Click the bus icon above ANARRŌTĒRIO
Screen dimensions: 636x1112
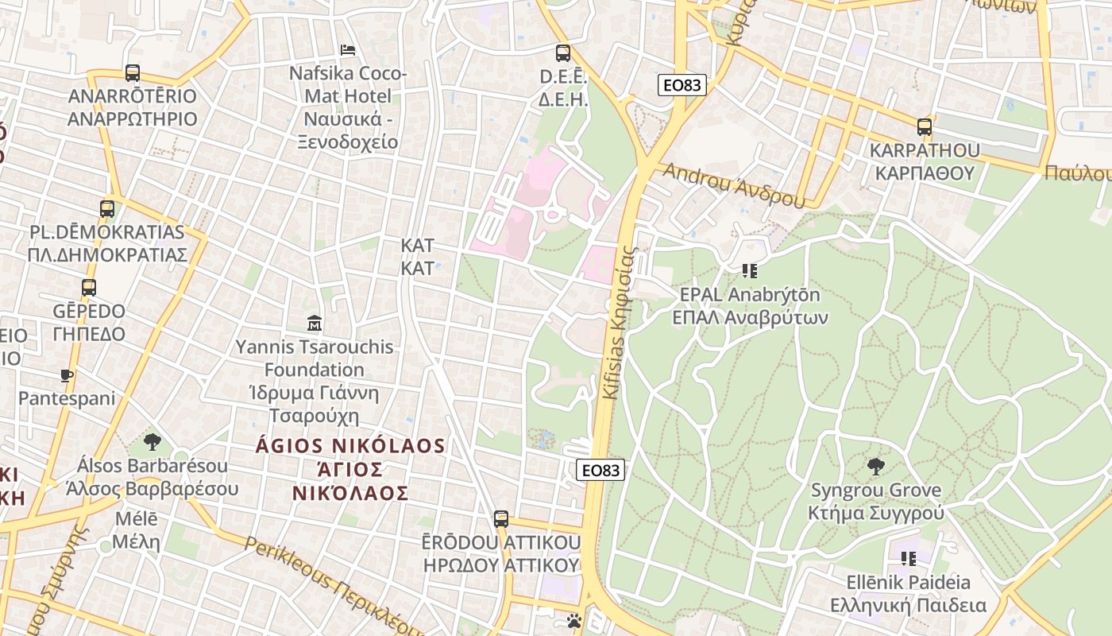[133, 73]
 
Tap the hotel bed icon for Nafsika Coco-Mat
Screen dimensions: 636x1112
[348, 50]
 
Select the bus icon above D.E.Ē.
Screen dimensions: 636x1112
[563, 53]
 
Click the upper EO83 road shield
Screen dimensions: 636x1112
[681, 84]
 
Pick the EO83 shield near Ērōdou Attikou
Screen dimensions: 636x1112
[600, 470]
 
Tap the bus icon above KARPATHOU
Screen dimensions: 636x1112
[924, 126]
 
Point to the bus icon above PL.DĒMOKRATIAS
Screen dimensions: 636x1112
[107, 209]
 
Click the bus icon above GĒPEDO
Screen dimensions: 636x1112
[89, 288]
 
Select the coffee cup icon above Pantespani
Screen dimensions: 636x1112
[67, 375]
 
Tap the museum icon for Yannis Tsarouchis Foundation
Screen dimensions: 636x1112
[315, 324]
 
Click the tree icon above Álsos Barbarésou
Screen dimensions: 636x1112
[153, 442]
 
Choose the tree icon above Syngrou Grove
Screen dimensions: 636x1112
[876, 466]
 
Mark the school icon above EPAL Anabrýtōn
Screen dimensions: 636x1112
[750, 271]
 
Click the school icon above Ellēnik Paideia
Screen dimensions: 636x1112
[908, 558]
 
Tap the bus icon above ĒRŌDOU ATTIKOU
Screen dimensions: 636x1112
[500, 519]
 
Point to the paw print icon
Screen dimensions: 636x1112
[574, 621]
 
